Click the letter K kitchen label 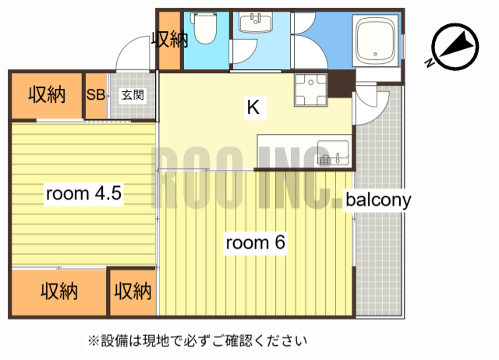pos(253,108)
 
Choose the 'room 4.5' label pos(83,194)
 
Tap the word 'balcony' pos(378,199)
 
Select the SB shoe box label pos(95,95)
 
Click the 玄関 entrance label pos(130,95)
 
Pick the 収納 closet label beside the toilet pos(169,39)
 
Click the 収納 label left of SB pos(46,95)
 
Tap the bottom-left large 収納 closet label pos(58,291)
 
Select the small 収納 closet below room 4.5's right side pos(133,291)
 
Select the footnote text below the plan pos(197,341)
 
